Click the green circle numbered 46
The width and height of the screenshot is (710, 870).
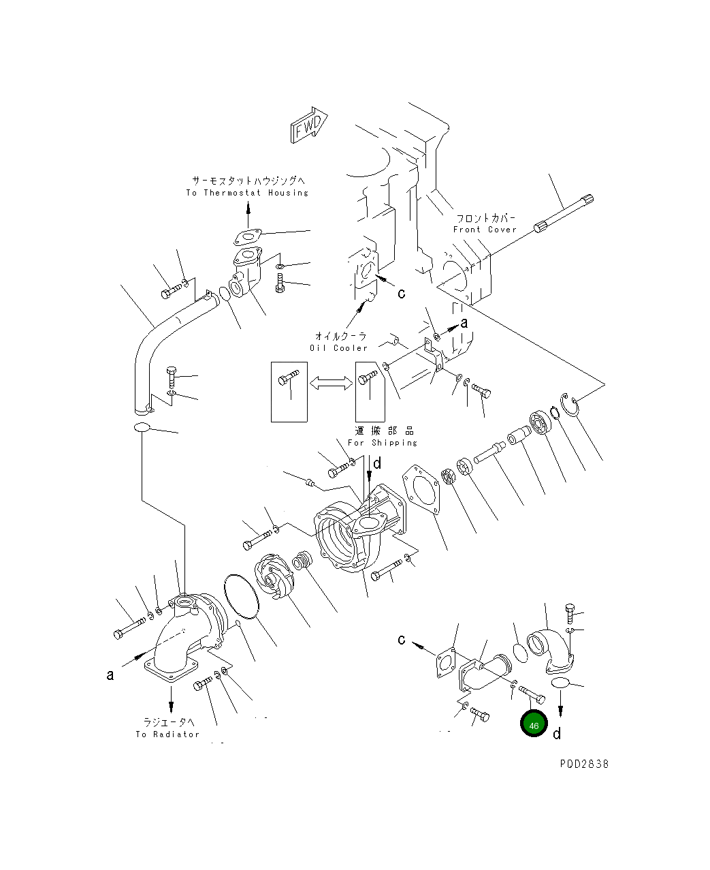point(534,725)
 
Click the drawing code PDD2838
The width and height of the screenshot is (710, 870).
point(584,764)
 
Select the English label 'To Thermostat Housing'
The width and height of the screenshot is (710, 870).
point(247,193)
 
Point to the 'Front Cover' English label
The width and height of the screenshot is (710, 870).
point(485,230)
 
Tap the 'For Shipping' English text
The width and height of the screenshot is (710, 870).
point(383,443)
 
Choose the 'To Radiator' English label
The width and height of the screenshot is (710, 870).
point(167,734)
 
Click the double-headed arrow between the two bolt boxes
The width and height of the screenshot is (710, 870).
point(331,384)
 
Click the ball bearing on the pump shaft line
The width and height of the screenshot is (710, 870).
point(540,422)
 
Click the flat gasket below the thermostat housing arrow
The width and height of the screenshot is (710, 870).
point(248,238)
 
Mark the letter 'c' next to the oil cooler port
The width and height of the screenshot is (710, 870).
point(401,293)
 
